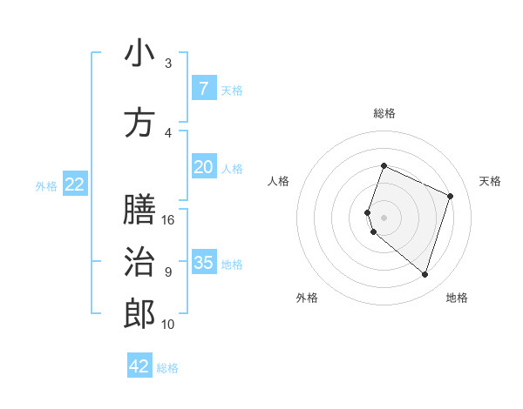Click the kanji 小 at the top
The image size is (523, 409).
coord(139,54)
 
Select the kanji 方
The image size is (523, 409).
coord(139,123)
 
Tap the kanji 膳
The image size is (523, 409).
coord(139,210)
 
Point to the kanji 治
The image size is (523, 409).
coord(139,262)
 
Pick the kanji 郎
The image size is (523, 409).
coord(139,314)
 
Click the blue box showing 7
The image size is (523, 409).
coord(203,88)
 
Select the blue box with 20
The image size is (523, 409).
coord(203,167)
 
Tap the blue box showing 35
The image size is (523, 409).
coord(203,262)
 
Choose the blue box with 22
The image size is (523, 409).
coord(75,184)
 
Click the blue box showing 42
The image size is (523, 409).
coord(139,366)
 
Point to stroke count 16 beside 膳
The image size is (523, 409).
coord(168,220)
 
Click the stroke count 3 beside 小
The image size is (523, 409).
coord(168,64)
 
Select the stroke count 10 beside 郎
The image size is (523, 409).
coord(168,325)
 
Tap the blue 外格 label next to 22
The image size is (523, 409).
coord(46,185)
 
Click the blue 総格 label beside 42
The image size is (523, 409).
coord(167,368)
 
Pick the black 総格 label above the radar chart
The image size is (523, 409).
coord(384,113)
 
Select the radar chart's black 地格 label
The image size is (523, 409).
coord(457,298)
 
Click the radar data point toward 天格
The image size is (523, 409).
coord(451,196)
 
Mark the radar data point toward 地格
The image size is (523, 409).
coord(425,274)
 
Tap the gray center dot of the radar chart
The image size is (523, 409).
coord(384,218)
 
